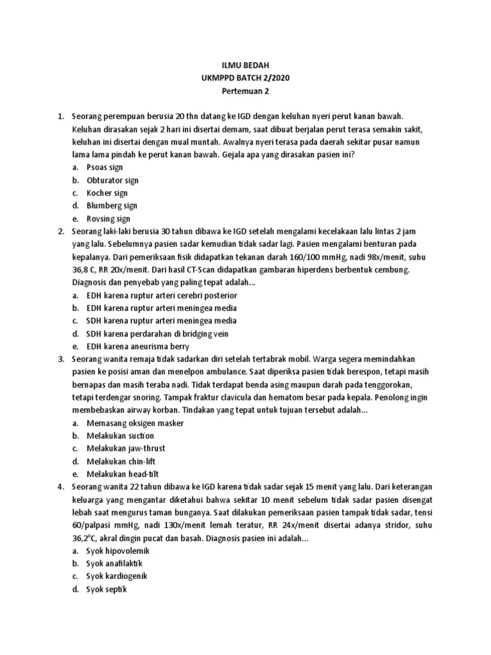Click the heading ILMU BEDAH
coord(245,65)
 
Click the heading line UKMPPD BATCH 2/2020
coord(245,78)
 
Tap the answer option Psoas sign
coord(105,168)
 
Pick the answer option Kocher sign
coord(107,193)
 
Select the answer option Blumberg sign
coord(112,206)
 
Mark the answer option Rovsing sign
coord(109,219)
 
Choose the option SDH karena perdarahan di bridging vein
coord(157,334)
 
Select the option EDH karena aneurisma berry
coord(137,347)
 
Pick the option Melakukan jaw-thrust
coord(126,449)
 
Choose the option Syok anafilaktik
coord(115,564)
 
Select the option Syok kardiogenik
coord(117,576)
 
